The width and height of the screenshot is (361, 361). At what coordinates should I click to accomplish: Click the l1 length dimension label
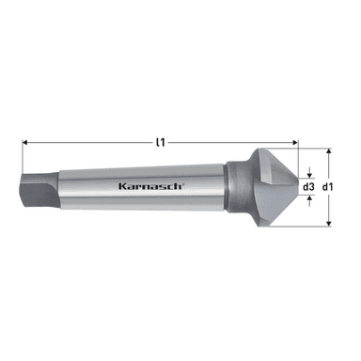point(160,143)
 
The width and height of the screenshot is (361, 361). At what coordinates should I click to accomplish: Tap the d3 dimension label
point(308,187)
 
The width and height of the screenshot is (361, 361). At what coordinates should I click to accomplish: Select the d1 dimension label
point(328,187)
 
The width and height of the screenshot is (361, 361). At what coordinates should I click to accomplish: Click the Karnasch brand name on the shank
point(149,186)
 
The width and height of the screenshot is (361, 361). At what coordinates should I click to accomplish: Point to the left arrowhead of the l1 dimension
point(25,143)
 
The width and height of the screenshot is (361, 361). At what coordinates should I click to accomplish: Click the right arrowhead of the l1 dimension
point(295,143)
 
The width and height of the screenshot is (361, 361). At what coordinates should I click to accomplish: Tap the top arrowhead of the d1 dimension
point(328,151)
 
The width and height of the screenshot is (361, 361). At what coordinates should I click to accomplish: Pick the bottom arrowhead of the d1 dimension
point(328,223)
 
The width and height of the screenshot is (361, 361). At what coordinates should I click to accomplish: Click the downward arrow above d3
point(310,172)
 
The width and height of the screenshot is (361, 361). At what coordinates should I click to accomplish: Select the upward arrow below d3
point(310,201)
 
